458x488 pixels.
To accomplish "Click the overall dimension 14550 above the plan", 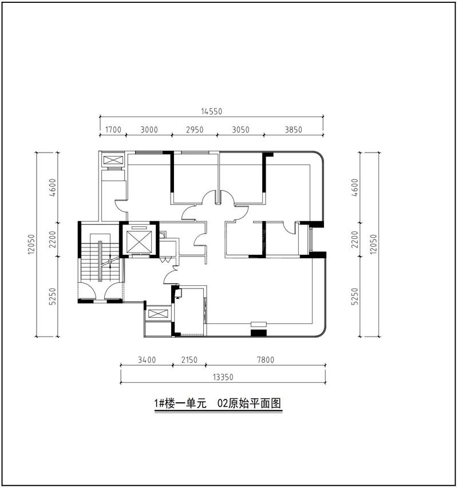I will click(x=211, y=111).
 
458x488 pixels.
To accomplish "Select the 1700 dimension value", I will click(x=113, y=130).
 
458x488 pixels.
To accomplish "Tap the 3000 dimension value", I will click(x=149, y=130).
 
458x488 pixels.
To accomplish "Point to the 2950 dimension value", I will click(x=195, y=130).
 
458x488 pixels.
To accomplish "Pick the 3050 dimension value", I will click(x=241, y=130).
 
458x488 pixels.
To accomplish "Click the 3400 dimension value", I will click(x=147, y=360).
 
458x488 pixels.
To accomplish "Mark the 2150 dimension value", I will click(x=189, y=360).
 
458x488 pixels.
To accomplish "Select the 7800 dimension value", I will click(x=266, y=360).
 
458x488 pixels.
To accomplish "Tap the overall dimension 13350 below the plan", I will click(x=223, y=377).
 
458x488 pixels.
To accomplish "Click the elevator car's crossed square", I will click(x=139, y=239).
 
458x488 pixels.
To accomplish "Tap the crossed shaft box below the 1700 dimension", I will click(x=113, y=160).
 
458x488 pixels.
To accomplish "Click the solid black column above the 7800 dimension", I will click(x=259, y=331).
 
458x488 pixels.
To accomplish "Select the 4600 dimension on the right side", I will click(x=354, y=187).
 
